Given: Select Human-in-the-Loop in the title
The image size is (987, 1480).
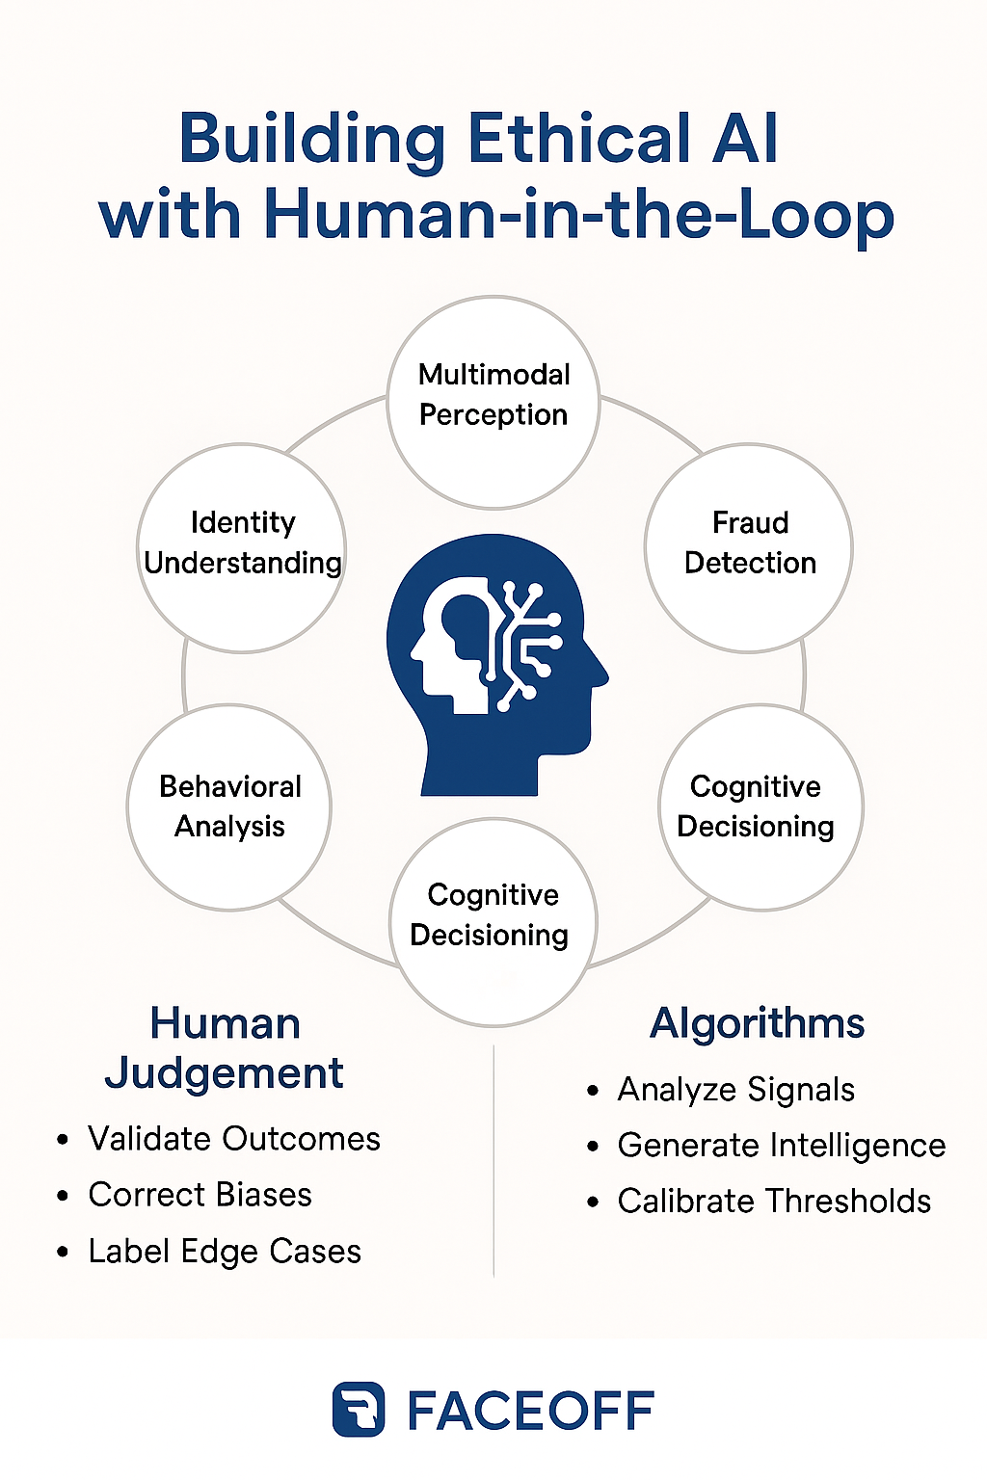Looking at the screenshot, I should tap(578, 214).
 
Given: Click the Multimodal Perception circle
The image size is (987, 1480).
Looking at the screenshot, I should tap(493, 401).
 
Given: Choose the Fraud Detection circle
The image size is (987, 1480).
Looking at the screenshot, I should tap(749, 547).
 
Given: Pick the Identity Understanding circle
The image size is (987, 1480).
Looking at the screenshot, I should tap(242, 547).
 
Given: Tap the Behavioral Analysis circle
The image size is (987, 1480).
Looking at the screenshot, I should tap(229, 806).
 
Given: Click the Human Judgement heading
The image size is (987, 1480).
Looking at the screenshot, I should tap(225, 1048).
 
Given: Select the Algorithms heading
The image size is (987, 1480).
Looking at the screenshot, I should tap(757, 1023).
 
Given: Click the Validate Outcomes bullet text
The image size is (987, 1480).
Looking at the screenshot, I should tap(234, 1139).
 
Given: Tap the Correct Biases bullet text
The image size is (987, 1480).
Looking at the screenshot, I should tap(200, 1195).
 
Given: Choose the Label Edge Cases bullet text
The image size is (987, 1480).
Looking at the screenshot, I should tap(225, 1252).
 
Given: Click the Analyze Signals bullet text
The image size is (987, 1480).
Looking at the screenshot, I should tap(736, 1090).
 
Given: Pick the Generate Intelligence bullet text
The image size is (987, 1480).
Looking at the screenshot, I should tap(782, 1146).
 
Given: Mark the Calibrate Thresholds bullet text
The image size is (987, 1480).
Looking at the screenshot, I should tap(774, 1202).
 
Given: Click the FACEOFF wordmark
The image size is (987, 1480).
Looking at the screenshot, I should tap(531, 1412).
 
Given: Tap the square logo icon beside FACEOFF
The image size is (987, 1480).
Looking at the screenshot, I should tap(359, 1410).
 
